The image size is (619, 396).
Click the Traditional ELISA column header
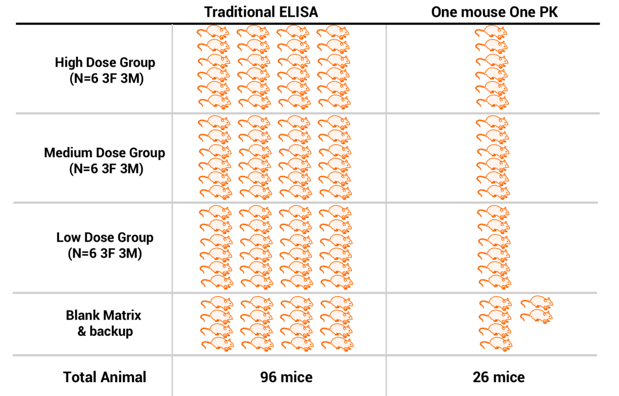tap(262, 12)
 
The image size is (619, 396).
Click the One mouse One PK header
tap(493, 12)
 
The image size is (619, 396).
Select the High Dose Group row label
tap(105, 62)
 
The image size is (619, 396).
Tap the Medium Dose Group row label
tap(104, 153)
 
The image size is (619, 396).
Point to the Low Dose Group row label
tap(105, 238)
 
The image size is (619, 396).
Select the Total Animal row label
tap(105, 377)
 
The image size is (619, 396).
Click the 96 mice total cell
tap(286, 377)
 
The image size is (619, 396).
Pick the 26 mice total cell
tap(498, 377)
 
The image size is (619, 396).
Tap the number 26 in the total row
tap(481, 377)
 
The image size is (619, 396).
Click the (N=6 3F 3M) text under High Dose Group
tap(105, 78)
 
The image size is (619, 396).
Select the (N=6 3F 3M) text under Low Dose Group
tap(105, 253)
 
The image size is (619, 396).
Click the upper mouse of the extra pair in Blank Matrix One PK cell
tap(536, 302)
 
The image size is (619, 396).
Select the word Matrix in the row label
tap(122, 315)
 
